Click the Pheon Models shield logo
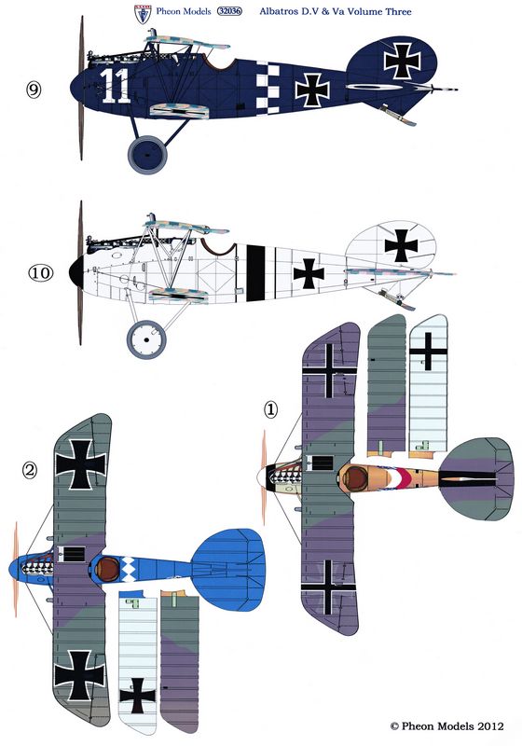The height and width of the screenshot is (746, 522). tap(143, 14)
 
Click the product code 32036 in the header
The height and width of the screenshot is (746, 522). tap(229, 11)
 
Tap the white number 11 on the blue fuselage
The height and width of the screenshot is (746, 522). tap(116, 86)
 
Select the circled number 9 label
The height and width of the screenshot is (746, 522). tap(34, 90)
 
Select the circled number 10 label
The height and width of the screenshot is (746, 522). tap(40, 273)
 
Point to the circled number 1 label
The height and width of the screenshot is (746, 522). tap(270, 409)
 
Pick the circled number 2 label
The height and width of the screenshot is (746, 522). tap(30, 471)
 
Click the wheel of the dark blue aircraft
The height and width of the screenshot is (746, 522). tap(147, 155)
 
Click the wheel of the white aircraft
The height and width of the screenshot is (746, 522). tap(146, 339)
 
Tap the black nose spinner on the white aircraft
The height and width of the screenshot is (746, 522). tap(76, 272)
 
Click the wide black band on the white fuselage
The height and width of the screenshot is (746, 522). tap(255, 273)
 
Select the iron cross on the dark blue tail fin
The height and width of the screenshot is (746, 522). tap(402, 61)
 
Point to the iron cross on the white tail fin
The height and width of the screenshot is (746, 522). tap(401, 246)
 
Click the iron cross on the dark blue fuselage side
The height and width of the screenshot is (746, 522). tap(312, 90)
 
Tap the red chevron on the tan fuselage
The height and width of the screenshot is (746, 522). tap(405, 478)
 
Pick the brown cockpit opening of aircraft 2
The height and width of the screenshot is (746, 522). tap(107, 568)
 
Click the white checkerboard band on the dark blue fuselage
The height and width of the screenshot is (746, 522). tap(268, 88)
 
